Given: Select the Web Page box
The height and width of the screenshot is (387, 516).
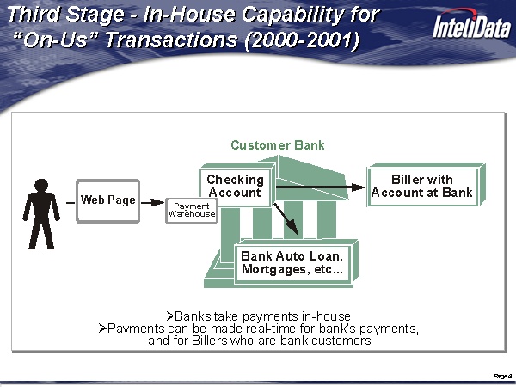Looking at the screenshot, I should (x=107, y=200).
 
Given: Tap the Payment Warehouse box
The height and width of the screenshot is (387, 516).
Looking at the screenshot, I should (x=191, y=209).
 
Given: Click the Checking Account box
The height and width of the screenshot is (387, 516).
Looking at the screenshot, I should (x=235, y=187).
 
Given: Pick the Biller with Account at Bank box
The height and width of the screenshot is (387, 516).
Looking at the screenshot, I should (x=421, y=187).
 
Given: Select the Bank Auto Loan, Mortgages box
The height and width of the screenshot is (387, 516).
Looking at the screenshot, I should (x=292, y=263).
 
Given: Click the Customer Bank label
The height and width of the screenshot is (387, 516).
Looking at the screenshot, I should (x=278, y=145).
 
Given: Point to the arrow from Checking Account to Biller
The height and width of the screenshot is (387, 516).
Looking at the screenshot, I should (x=318, y=186).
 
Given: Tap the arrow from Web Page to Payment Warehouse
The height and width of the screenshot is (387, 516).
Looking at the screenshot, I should (x=152, y=201).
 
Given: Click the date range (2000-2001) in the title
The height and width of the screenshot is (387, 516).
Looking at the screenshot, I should (x=302, y=41).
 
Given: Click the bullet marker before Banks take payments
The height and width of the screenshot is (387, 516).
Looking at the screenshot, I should (x=169, y=316).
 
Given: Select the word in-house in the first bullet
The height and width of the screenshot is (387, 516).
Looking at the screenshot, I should (x=326, y=316).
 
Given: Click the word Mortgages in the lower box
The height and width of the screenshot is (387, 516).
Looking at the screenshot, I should (x=274, y=270).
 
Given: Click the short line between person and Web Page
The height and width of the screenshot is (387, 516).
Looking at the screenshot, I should (x=69, y=201).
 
